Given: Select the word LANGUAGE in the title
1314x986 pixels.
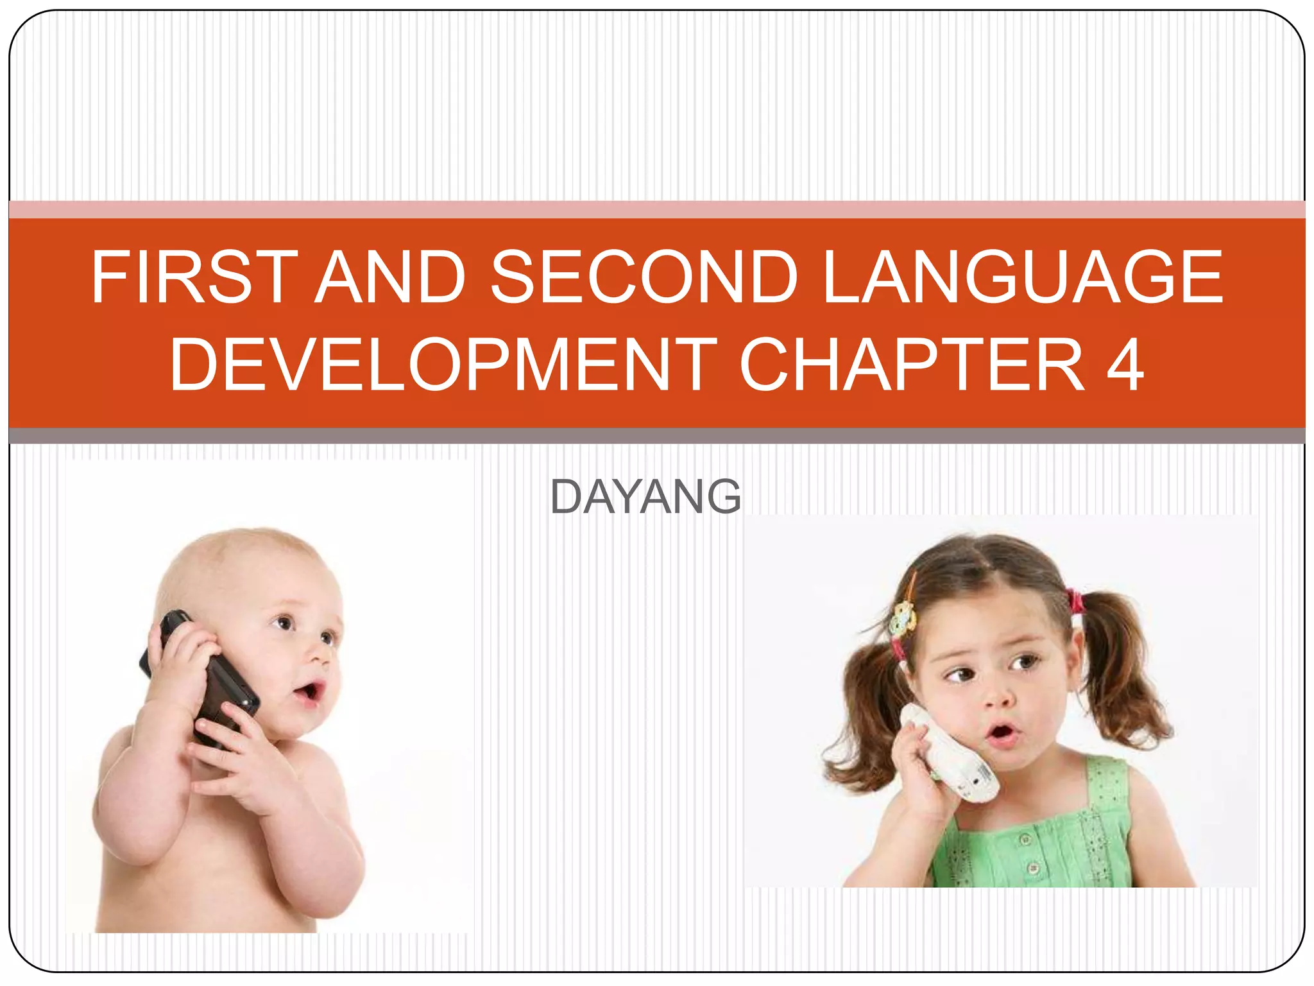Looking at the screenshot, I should coord(1023,277).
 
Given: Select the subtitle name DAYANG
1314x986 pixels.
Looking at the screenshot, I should coord(645,497).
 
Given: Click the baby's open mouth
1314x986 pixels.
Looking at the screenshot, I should coord(310,692).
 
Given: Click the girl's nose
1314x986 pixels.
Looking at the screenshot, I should coord(998,697).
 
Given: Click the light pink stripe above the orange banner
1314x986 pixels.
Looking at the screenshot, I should coord(657,209).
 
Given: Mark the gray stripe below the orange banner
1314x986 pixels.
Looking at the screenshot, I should coord(657,436).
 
